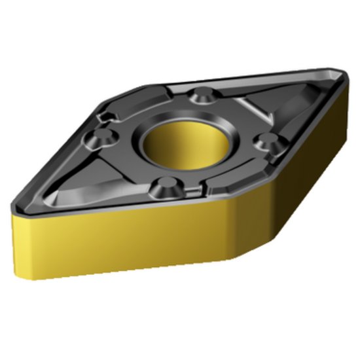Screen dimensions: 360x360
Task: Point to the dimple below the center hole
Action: (x=162, y=190)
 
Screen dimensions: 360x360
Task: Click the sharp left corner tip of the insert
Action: (x=14, y=208)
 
